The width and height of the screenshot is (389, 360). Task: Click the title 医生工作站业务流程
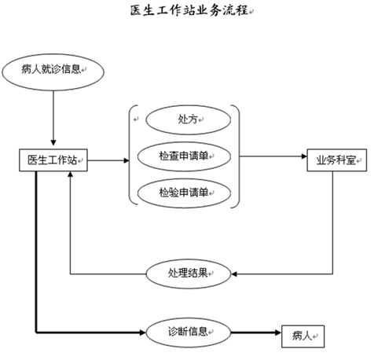point(189,11)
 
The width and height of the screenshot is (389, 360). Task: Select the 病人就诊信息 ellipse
point(53,72)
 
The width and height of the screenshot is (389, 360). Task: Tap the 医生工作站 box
point(53,160)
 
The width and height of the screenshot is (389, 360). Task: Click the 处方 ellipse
point(189,120)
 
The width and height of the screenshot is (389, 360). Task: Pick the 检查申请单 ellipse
point(184,156)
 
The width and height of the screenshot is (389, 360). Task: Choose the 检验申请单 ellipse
point(184,193)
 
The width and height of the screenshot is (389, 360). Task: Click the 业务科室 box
point(336,160)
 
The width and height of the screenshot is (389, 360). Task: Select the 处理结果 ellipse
point(189,274)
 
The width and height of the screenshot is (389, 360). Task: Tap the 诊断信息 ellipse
point(189,332)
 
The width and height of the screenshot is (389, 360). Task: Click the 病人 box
point(303,336)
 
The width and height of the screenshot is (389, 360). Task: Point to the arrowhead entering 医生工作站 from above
point(53,142)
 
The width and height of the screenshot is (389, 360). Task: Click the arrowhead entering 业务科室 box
point(304,156)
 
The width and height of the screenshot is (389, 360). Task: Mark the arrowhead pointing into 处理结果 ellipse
point(234,274)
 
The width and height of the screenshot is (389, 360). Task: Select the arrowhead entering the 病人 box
point(278,332)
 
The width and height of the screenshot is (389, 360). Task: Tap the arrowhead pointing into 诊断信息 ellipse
point(142,332)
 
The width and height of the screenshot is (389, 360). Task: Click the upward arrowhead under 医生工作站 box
point(70,174)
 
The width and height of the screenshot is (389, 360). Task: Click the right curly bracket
point(239,156)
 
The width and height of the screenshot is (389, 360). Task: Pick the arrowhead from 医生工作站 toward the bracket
point(127,160)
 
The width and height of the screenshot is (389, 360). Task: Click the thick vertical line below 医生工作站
point(36,252)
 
